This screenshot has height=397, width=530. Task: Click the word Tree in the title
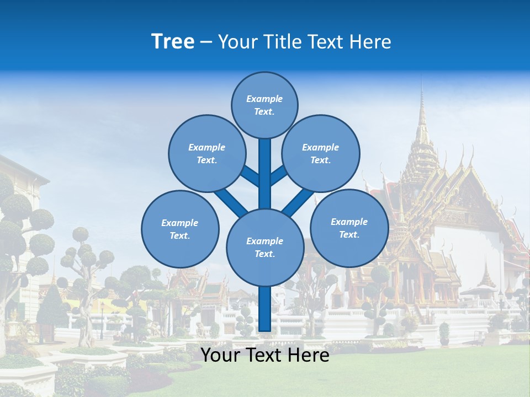pyautogui.click(x=173, y=41)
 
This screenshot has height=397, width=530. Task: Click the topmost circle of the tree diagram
pyautogui.click(x=264, y=105)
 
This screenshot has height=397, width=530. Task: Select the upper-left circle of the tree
pyautogui.click(x=207, y=153)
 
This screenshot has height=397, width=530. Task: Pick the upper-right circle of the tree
pyautogui.click(x=321, y=153)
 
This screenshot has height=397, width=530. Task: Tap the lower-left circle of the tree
pyautogui.click(x=180, y=229)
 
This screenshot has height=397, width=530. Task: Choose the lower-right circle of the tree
pyautogui.click(x=349, y=228)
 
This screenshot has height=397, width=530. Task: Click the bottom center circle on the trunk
pyautogui.click(x=265, y=247)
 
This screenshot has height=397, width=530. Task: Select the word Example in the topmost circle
pyautogui.click(x=264, y=99)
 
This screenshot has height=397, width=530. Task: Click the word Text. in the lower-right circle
pyautogui.click(x=349, y=234)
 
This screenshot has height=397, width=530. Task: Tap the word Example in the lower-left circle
pyautogui.click(x=180, y=223)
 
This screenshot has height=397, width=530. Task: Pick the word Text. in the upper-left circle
pyautogui.click(x=207, y=160)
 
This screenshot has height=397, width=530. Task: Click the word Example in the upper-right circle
pyautogui.click(x=321, y=147)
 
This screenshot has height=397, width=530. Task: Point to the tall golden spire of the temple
pyautogui.click(x=422, y=119)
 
